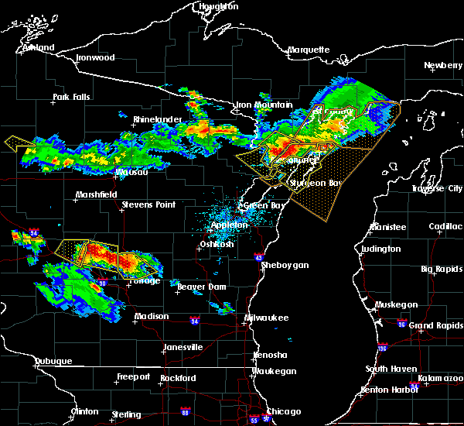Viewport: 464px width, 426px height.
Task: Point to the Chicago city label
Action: click(285, 411)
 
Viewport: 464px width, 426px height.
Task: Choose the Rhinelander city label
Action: click(157, 119)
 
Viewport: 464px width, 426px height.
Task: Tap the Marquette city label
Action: click(309, 50)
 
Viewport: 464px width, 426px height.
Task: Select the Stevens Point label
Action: click(148, 205)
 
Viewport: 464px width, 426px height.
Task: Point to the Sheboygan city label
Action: click(285, 265)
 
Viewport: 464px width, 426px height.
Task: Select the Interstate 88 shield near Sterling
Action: click(185, 411)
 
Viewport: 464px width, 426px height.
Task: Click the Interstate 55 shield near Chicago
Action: click(254, 421)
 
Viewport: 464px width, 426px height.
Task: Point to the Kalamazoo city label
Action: click(437, 377)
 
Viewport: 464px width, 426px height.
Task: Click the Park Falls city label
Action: click(71, 98)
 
